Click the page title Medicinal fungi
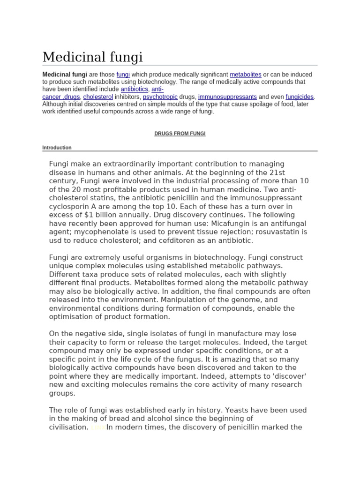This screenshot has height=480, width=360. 92,57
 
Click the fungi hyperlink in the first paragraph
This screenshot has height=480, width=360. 123,75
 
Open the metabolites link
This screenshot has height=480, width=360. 246,75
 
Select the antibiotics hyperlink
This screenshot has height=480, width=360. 134,89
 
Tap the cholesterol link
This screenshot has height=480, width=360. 98,97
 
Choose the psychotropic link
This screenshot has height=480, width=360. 160,97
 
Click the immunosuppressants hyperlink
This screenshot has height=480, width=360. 227,97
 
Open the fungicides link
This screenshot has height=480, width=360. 300,97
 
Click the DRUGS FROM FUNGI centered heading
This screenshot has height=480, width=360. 180,134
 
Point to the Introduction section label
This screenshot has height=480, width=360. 57,148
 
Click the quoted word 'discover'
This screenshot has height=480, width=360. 292,376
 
